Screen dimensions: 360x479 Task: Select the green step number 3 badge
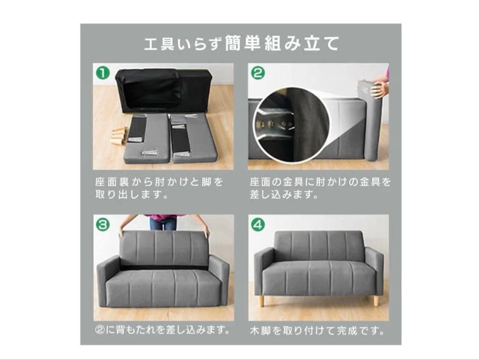(x=103, y=224)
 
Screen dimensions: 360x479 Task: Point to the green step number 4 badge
(x=257, y=224)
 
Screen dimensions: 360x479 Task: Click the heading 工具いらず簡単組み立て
(x=242, y=44)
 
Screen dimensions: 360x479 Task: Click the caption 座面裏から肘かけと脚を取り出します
(x=159, y=188)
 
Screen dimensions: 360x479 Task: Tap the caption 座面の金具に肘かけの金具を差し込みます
(x=320, y=188)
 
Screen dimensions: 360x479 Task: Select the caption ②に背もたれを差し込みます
(x=163, y=330)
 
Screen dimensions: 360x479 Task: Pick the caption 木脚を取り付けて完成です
(x=317, y=331)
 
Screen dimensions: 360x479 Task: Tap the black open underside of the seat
(x=162, y=91)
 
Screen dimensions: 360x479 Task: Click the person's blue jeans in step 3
(x=162, y=223)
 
